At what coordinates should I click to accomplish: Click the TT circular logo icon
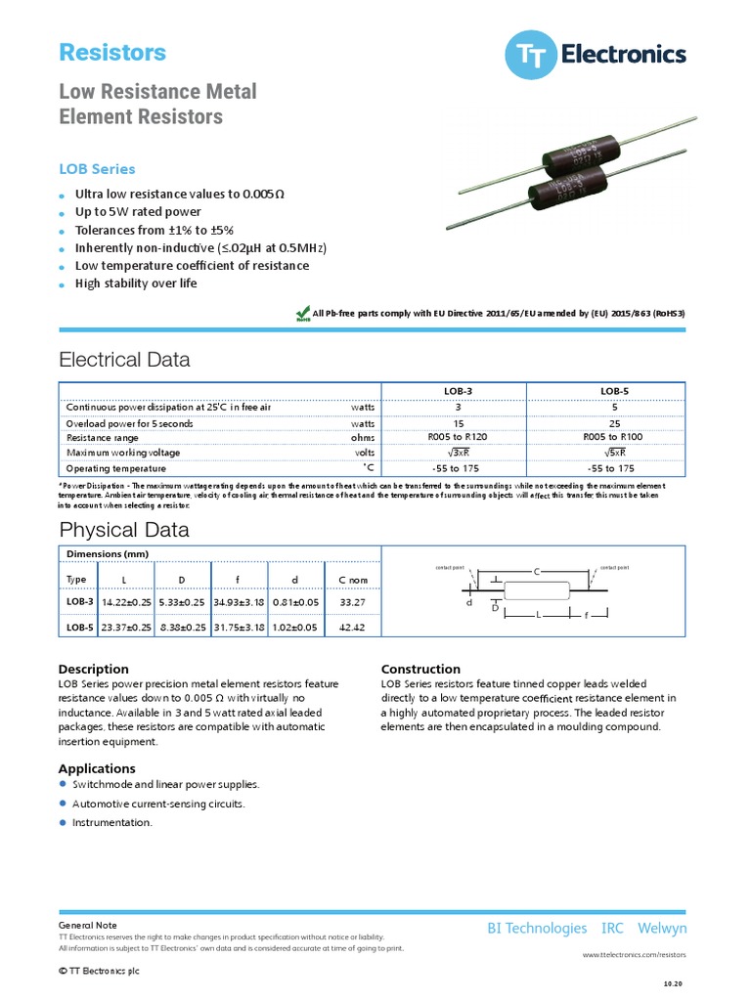pos(530,55)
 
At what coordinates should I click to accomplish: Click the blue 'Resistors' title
pos(112,53)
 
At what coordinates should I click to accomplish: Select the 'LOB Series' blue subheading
pos(97,169)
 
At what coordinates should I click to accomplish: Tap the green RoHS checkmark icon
pos(303,313)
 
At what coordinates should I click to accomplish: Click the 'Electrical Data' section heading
pos(124,360)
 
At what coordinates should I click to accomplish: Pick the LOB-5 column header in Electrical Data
pos(613,391)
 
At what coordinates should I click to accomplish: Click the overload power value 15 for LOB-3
pos(458,423)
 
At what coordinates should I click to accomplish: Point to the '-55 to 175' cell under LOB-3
pos(458,468)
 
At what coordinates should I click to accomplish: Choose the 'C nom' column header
pos(353,580)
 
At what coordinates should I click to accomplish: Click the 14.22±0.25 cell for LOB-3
pos(125,603)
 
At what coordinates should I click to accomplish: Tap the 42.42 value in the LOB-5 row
pos(352,627)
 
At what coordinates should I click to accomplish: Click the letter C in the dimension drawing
pos(536,571)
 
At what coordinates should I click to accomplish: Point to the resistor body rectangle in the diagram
pos(536,589)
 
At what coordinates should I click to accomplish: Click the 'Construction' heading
pos(420,670)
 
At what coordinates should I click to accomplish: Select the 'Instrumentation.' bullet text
pos(112,822)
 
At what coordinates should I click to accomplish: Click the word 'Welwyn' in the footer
pos(662,929)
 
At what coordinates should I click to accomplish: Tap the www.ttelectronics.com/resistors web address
pos(635,953)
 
